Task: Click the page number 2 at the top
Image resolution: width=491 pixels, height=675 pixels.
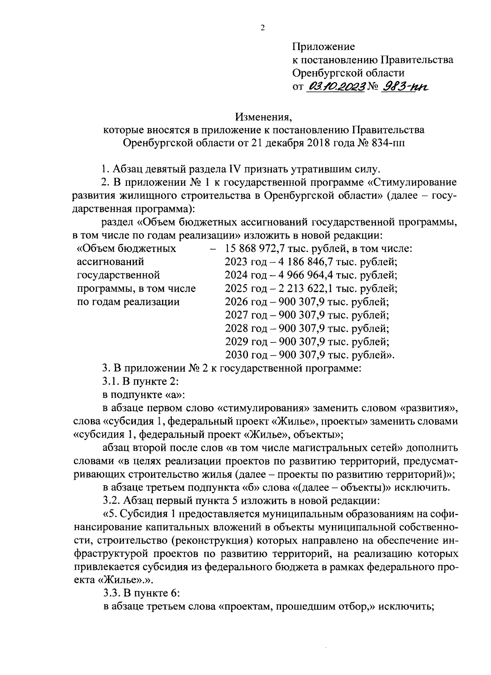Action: tap(262, 28)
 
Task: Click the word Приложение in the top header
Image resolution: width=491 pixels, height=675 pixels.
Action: tap(324, 47)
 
